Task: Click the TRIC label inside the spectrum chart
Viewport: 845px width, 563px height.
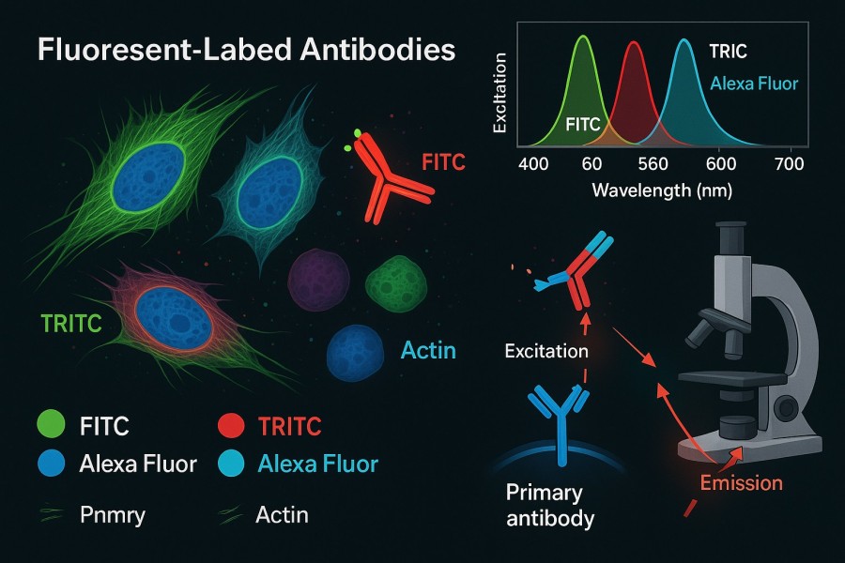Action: pos(729,53)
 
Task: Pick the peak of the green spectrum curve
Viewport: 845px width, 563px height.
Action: pos(583,38)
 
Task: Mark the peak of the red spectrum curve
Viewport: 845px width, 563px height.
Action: pos(635,43)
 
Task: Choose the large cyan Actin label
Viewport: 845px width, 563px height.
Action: pos(428,352)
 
